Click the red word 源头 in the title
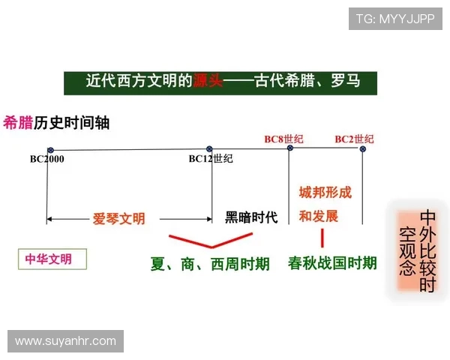click(208, 80)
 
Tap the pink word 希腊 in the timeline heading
click(18, 123)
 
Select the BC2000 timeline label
click(46, 159)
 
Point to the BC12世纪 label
click(211, 159)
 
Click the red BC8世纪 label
click(283, 139)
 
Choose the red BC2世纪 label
click(354, 139)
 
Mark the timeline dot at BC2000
click(47, 150)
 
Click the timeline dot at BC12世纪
click(209, 150)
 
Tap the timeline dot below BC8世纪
click(290, 148)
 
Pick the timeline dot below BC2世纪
click(363, 148)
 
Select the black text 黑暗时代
click(251, 217)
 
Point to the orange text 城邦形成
click(325, 193)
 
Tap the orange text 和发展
click(318, 217)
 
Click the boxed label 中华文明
click(49, 259)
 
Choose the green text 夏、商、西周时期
click(210, 264)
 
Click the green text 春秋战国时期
click(332, 263)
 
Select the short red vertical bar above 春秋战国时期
click(322, 238)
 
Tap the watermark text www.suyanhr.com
click(66, 341)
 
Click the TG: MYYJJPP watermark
click(395, 19)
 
